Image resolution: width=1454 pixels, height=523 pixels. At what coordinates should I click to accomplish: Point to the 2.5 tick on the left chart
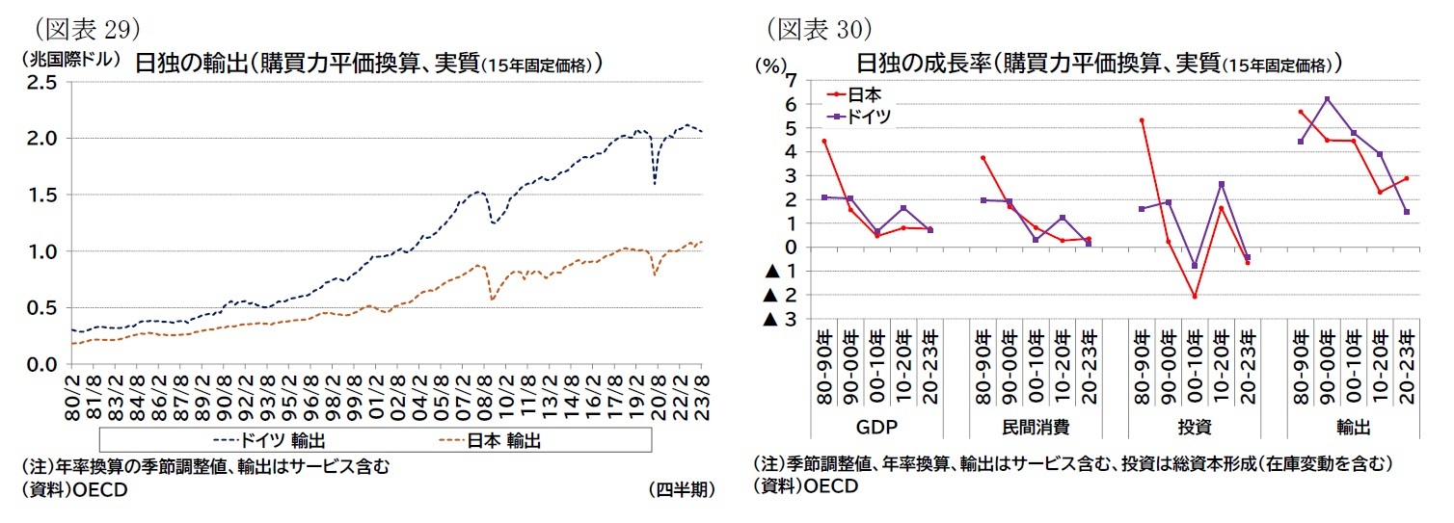pyautogui.click(x=43, y=83)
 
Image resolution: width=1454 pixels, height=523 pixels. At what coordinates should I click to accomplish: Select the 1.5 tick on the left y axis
pyautogui.click(x=43, y=195)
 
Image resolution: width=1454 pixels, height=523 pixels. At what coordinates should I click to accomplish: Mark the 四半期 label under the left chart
pyautogui.click(x=682, y=489)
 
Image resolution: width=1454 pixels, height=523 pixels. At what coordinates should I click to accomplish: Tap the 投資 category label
pyautogui.click(x=1196, y=426)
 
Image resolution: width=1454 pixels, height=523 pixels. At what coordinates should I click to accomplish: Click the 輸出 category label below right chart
pyautogui.click(x=1354, y=426)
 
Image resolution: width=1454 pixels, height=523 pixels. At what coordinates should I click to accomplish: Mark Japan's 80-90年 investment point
pyautogui.click(x=1142, y=120)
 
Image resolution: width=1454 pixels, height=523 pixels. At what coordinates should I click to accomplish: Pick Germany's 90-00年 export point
pyautogui.click(x=1328, y=99)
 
